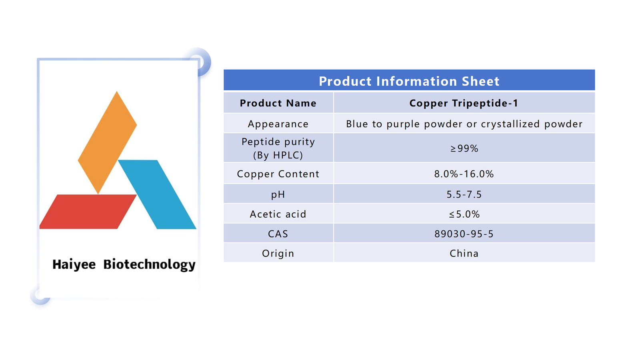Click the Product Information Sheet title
409,81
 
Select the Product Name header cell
278,103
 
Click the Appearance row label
278,124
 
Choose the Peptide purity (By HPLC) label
278,148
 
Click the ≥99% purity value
464,148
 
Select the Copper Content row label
278,174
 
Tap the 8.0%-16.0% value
464,174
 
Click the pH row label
278,195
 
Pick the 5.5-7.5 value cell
464,194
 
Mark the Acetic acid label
278,214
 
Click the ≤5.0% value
464,214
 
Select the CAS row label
278,234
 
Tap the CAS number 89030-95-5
464,234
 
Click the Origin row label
278,254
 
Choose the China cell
464,254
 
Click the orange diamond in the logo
108,143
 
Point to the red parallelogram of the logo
88,212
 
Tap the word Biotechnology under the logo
149,264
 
